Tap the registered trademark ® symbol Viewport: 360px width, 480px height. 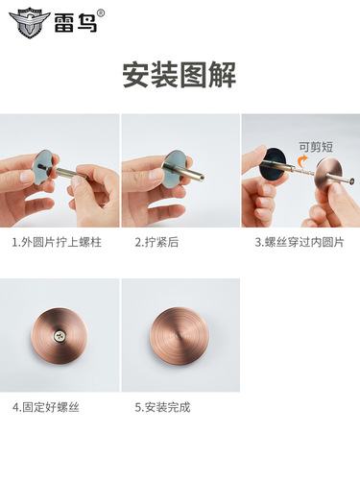[101, 12]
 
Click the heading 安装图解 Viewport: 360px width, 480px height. [180, 75]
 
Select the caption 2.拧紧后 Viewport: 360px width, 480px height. [156, 243]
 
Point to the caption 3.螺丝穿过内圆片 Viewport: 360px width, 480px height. [298, 243]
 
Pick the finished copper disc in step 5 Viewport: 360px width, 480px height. [180, 337]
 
